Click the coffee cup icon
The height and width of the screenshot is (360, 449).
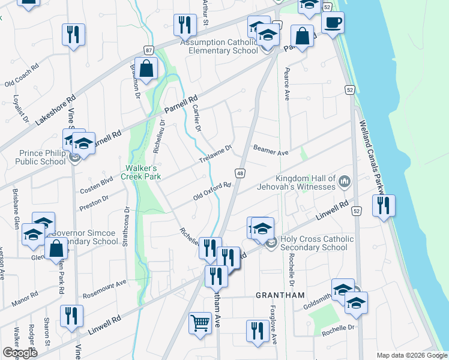333,23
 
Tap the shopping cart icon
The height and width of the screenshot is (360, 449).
200,323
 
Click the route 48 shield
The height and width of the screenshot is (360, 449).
240,173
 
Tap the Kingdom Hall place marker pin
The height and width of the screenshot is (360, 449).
345,181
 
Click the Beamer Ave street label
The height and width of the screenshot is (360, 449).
271,151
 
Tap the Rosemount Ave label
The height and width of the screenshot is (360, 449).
105,285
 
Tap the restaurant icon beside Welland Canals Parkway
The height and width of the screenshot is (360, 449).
382,205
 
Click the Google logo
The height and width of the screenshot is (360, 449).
20,353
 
